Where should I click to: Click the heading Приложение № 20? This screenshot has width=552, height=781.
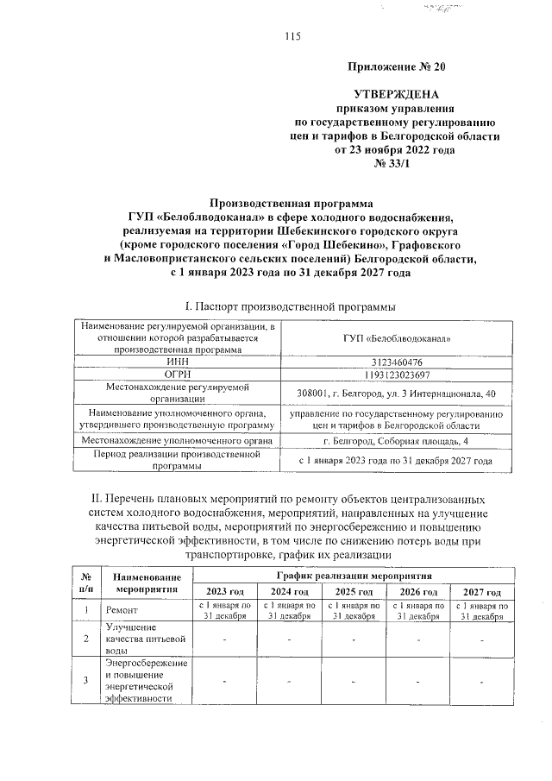click(398, 66)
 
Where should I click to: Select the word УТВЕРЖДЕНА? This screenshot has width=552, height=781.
click(398, 93)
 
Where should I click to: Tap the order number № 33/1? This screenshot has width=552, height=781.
click(398, 163)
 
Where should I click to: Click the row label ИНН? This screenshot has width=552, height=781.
click(177, 362)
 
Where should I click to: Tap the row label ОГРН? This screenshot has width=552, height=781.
click(177, 375)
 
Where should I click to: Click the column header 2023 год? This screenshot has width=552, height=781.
click(224, 592)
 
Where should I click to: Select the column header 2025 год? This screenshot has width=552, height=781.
click(354, 592)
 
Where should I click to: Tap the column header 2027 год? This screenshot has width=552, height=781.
click(481, 592)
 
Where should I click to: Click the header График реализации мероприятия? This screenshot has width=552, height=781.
click(353, 575)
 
